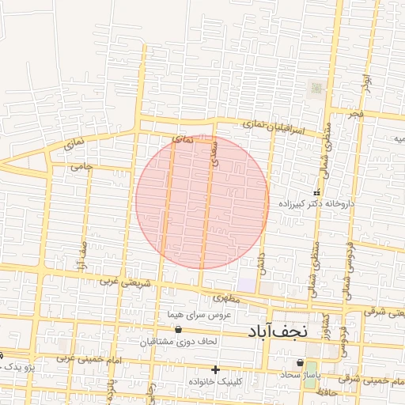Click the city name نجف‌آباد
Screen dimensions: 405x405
[277, 331]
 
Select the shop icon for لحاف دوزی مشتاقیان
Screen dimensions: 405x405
[177, 329]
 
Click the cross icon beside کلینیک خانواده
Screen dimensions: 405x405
[215, 369]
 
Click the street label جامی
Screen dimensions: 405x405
[81, 167]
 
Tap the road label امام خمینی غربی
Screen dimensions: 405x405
[85, 358]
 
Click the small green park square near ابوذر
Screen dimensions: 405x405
[316, 88]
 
